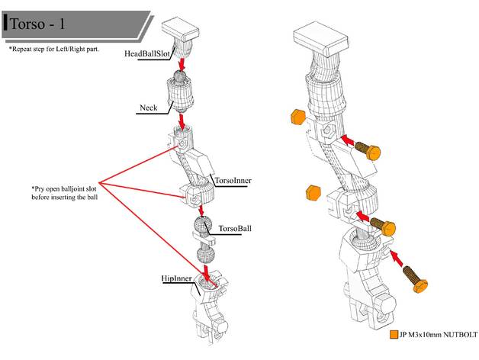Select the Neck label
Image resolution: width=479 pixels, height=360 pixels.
click(x=148, y=108)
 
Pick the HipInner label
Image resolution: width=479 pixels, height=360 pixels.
click(x=176, y=279)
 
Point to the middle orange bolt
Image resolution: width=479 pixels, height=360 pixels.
click(x=384, y=227)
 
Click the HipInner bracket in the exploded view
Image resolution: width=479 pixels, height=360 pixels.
click(x=204, y=309)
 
